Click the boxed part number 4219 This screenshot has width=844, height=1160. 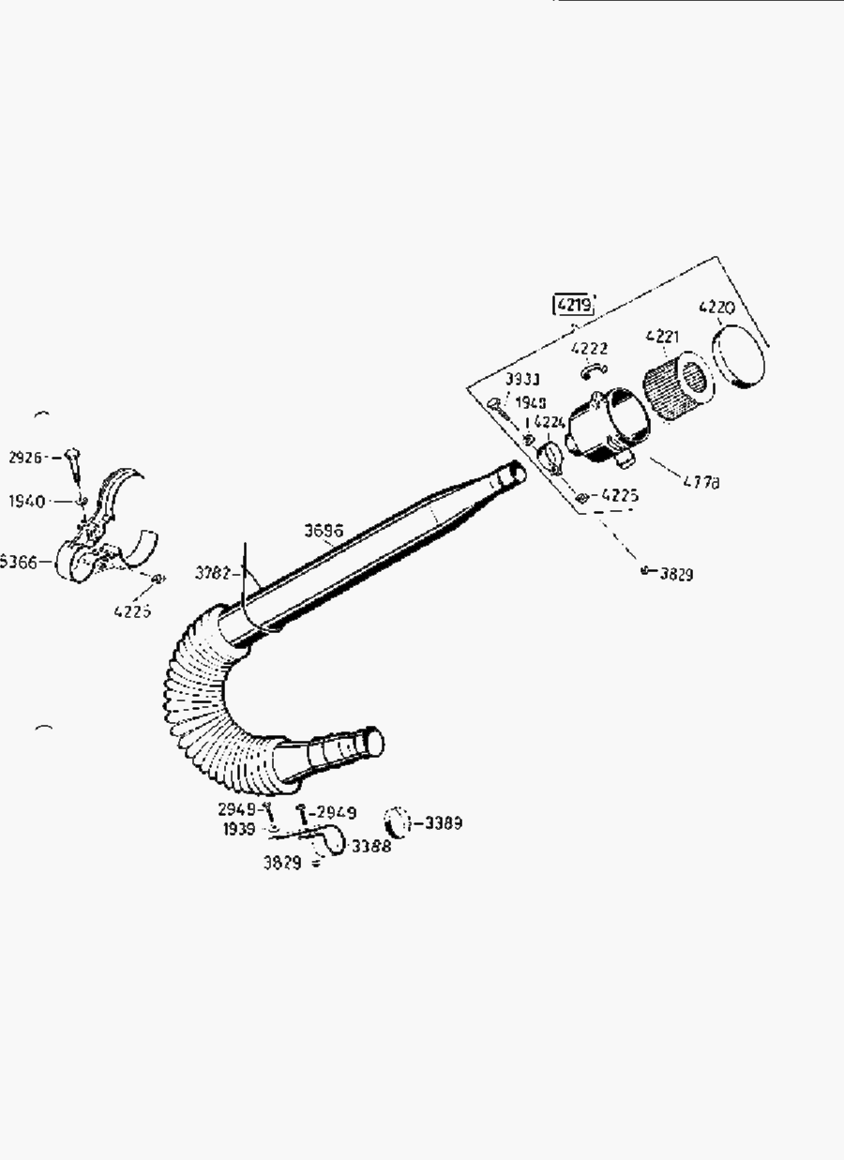click(574, 305)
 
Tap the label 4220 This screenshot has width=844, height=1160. click(717, 308)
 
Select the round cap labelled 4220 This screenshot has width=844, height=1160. click(739, 357)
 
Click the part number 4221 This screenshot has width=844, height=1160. click(663, 336)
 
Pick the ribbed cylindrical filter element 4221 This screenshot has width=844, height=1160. click(676, 386)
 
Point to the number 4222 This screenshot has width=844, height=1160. click(589, 349)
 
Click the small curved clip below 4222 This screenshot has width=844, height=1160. click(593, 370)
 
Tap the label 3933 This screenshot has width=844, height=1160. click(522, 379)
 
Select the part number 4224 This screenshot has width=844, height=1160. click(550, 423)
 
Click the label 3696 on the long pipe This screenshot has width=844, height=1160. click(324, 530)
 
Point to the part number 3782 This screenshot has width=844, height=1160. click(213, 571)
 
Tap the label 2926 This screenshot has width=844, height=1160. click(26, 458)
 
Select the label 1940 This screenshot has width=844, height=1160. click(27, 502)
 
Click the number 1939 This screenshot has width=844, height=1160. click(239, 830)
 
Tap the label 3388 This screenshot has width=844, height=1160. click(371, 846)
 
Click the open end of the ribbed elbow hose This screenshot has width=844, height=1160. click(374, 741)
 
